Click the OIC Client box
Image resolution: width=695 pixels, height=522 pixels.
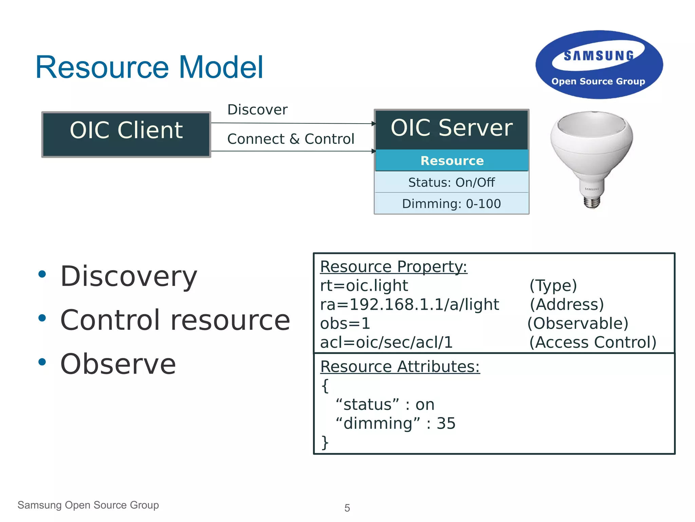click(x=126, y=134)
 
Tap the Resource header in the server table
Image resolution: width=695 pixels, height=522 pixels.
click(x=452, y=160)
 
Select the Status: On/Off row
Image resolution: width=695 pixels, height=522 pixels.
click(x=451, y=182)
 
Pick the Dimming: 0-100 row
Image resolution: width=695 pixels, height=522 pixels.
click(x=451, y=203)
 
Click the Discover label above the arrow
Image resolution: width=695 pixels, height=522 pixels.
click(x=257, y=110)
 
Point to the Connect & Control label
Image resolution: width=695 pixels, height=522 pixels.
click(x=291, y=139)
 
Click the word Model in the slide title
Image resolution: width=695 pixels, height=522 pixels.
click(x=221, y=67)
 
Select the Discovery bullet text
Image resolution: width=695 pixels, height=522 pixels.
click(x=129, y=276)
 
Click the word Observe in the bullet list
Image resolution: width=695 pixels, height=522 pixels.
click(x=118, y=364)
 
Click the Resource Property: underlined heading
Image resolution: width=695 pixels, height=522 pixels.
click(x=394, y=267)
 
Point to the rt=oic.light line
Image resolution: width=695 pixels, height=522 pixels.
click(x=364, y=286)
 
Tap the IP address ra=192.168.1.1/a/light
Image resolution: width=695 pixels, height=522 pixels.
click(x=410, y=304)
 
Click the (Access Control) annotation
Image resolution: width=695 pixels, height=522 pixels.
click(x=593, y=342)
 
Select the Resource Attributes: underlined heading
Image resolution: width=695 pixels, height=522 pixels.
click(x=400, y=366)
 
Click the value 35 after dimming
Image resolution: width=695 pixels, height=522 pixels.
click(x=446, y=423)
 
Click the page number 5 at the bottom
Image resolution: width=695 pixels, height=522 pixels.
click(x=347, y=508)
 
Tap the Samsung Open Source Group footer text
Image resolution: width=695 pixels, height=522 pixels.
click(x=88, y=505)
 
